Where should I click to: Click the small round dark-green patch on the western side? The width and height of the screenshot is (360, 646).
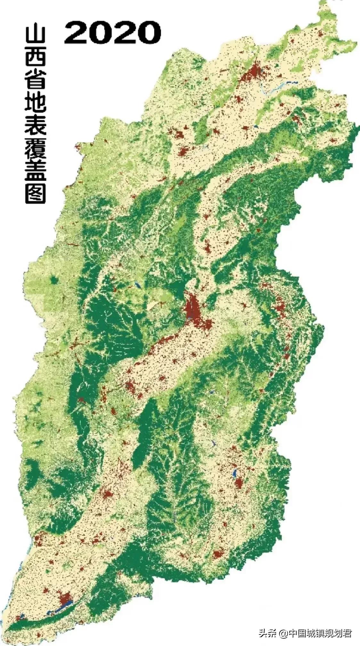54,281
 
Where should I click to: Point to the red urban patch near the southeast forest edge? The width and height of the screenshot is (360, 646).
218,553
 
